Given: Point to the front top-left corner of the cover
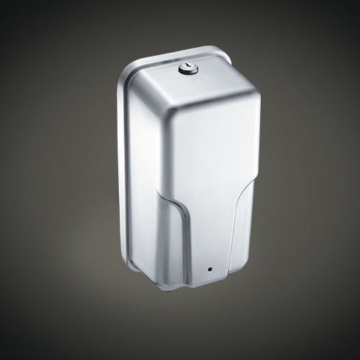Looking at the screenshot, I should click(x=164, y=106).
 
